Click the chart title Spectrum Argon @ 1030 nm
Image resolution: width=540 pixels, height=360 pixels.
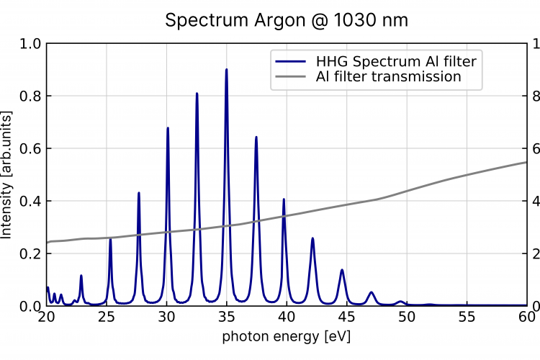click(287, 20)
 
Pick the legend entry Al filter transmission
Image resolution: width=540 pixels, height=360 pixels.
click(388, 76)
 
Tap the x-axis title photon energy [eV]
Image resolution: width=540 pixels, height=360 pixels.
click(287, 336)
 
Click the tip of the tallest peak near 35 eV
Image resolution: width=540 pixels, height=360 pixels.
click(227, 70)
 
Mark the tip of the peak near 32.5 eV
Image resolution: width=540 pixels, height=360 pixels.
click(197, 94)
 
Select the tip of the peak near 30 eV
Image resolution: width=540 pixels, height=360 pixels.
click(168, 128)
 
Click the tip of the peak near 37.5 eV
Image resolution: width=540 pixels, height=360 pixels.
click(256, 137)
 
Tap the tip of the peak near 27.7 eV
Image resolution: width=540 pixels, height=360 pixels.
click(139, 193)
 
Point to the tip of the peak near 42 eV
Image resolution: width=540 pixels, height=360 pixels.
click(312, 238)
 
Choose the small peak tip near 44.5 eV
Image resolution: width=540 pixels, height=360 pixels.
click(342, 270)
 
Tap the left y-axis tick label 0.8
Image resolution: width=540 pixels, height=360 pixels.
click(30, 96)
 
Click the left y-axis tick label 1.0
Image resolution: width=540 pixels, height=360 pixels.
click(30, 44)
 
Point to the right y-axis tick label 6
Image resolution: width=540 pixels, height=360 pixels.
click(534, 149)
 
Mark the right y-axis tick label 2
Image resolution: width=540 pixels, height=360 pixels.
click(534, 254)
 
